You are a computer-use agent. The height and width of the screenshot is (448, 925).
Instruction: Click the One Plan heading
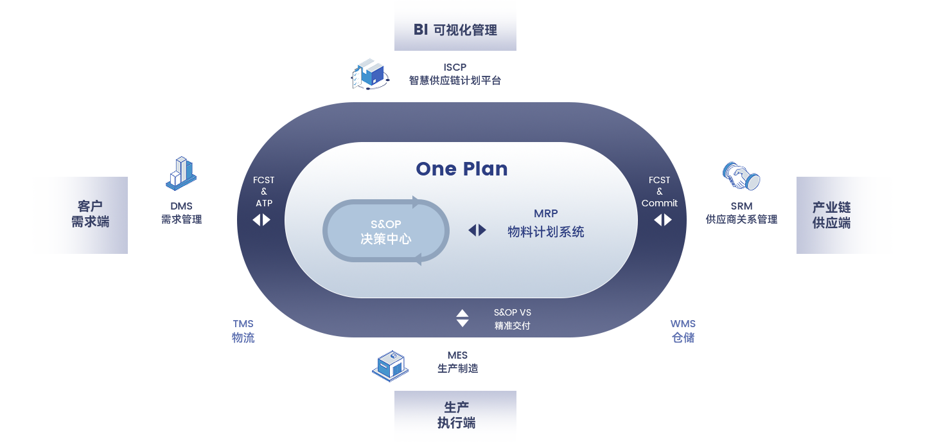tap(462, 169)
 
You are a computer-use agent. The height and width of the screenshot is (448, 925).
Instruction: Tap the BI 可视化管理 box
tap(455, 30)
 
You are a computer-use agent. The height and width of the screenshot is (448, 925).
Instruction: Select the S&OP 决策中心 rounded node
tap(385, 231)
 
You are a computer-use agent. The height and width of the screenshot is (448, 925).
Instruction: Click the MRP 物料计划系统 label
tap(545, 223)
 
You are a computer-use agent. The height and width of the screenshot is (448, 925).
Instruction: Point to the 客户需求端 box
tap(90, 214)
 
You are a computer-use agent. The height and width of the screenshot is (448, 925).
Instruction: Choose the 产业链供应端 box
tap(831, 215)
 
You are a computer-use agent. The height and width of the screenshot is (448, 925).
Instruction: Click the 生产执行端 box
tap(455, 415)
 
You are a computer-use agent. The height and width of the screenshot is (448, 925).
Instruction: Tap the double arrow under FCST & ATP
tap(261, 220)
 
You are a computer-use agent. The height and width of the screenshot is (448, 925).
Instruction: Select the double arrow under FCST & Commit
tap(663, 220)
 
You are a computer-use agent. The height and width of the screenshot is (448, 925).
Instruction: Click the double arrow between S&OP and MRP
tap(477, 230)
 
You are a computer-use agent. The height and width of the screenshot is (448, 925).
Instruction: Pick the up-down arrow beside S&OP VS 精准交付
tap(463, 318)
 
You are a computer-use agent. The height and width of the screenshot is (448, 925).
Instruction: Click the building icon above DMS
tap(181, 174)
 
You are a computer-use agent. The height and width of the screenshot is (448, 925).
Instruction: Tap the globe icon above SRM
tap(741, 176)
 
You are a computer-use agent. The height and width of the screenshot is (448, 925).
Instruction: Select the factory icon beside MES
tap(390, 366)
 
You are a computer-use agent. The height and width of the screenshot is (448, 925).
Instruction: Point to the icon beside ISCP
tap(370, 74)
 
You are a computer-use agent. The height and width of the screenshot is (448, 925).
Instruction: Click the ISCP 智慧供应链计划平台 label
tap(455, 75)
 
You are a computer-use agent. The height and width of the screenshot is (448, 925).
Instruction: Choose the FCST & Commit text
tap(659, 192)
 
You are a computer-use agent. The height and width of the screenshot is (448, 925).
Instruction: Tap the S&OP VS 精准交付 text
tap(513, 319)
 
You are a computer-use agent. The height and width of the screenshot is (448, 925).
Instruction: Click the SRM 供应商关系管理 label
tap(741, 213)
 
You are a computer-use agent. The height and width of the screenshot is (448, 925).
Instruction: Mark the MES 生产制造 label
tap(457, 363)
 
